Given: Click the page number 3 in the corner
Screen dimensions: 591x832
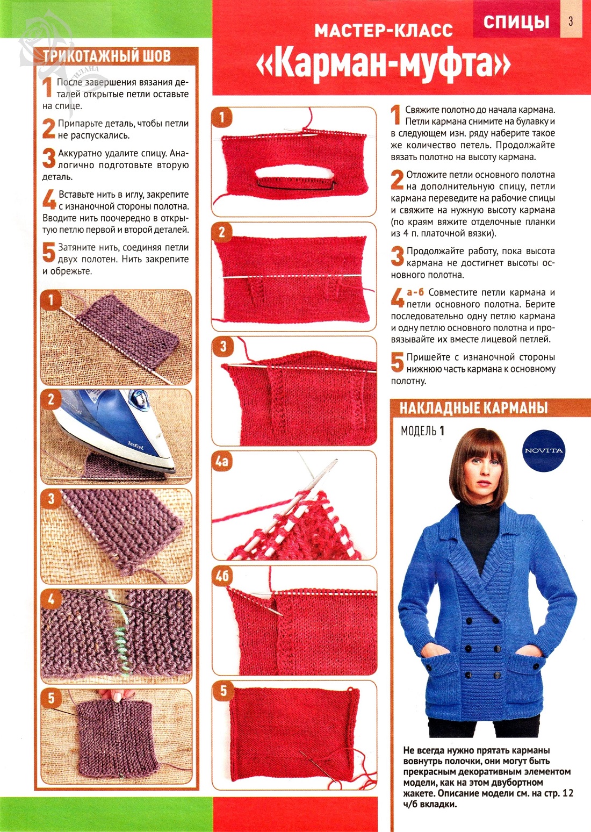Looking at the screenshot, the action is (571, 21).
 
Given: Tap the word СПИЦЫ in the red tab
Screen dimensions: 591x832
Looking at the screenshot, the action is (516, 22).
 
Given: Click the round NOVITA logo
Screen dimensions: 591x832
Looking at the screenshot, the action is (543, 450).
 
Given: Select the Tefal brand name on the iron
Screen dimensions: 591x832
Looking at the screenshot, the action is (135, 445).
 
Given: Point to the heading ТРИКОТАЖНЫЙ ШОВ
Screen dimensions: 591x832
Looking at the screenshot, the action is (107, 56).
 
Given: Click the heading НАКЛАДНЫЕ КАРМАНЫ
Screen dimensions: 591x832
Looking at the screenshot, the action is (473, 408).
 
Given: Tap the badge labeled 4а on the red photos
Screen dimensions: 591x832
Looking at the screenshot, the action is (221, 462).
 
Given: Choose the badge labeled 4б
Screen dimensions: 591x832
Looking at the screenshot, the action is (222, 576).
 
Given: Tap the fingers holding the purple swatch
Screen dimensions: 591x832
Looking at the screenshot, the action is (111, 695).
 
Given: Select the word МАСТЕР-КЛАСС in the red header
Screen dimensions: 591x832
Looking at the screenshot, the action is (384, 31).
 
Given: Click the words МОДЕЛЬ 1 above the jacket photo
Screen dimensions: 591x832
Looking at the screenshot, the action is (422, 431).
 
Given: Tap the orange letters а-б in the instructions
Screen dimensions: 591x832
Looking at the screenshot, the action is (415, 292).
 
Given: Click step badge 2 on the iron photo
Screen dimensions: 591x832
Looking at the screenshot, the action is (51, 399).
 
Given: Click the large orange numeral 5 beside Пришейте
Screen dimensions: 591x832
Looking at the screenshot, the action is (397, 362).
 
